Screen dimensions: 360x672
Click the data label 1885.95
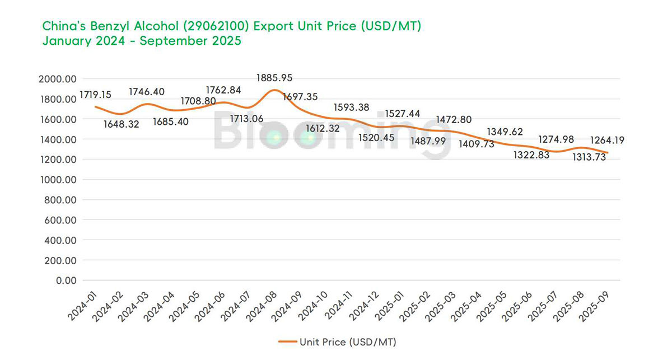click(274, 78)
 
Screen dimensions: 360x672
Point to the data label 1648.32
click(122, 124)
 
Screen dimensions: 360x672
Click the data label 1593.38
click(352, 107)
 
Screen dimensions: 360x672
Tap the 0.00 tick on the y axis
click(64, 280)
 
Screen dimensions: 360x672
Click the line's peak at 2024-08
click(274, 90)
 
